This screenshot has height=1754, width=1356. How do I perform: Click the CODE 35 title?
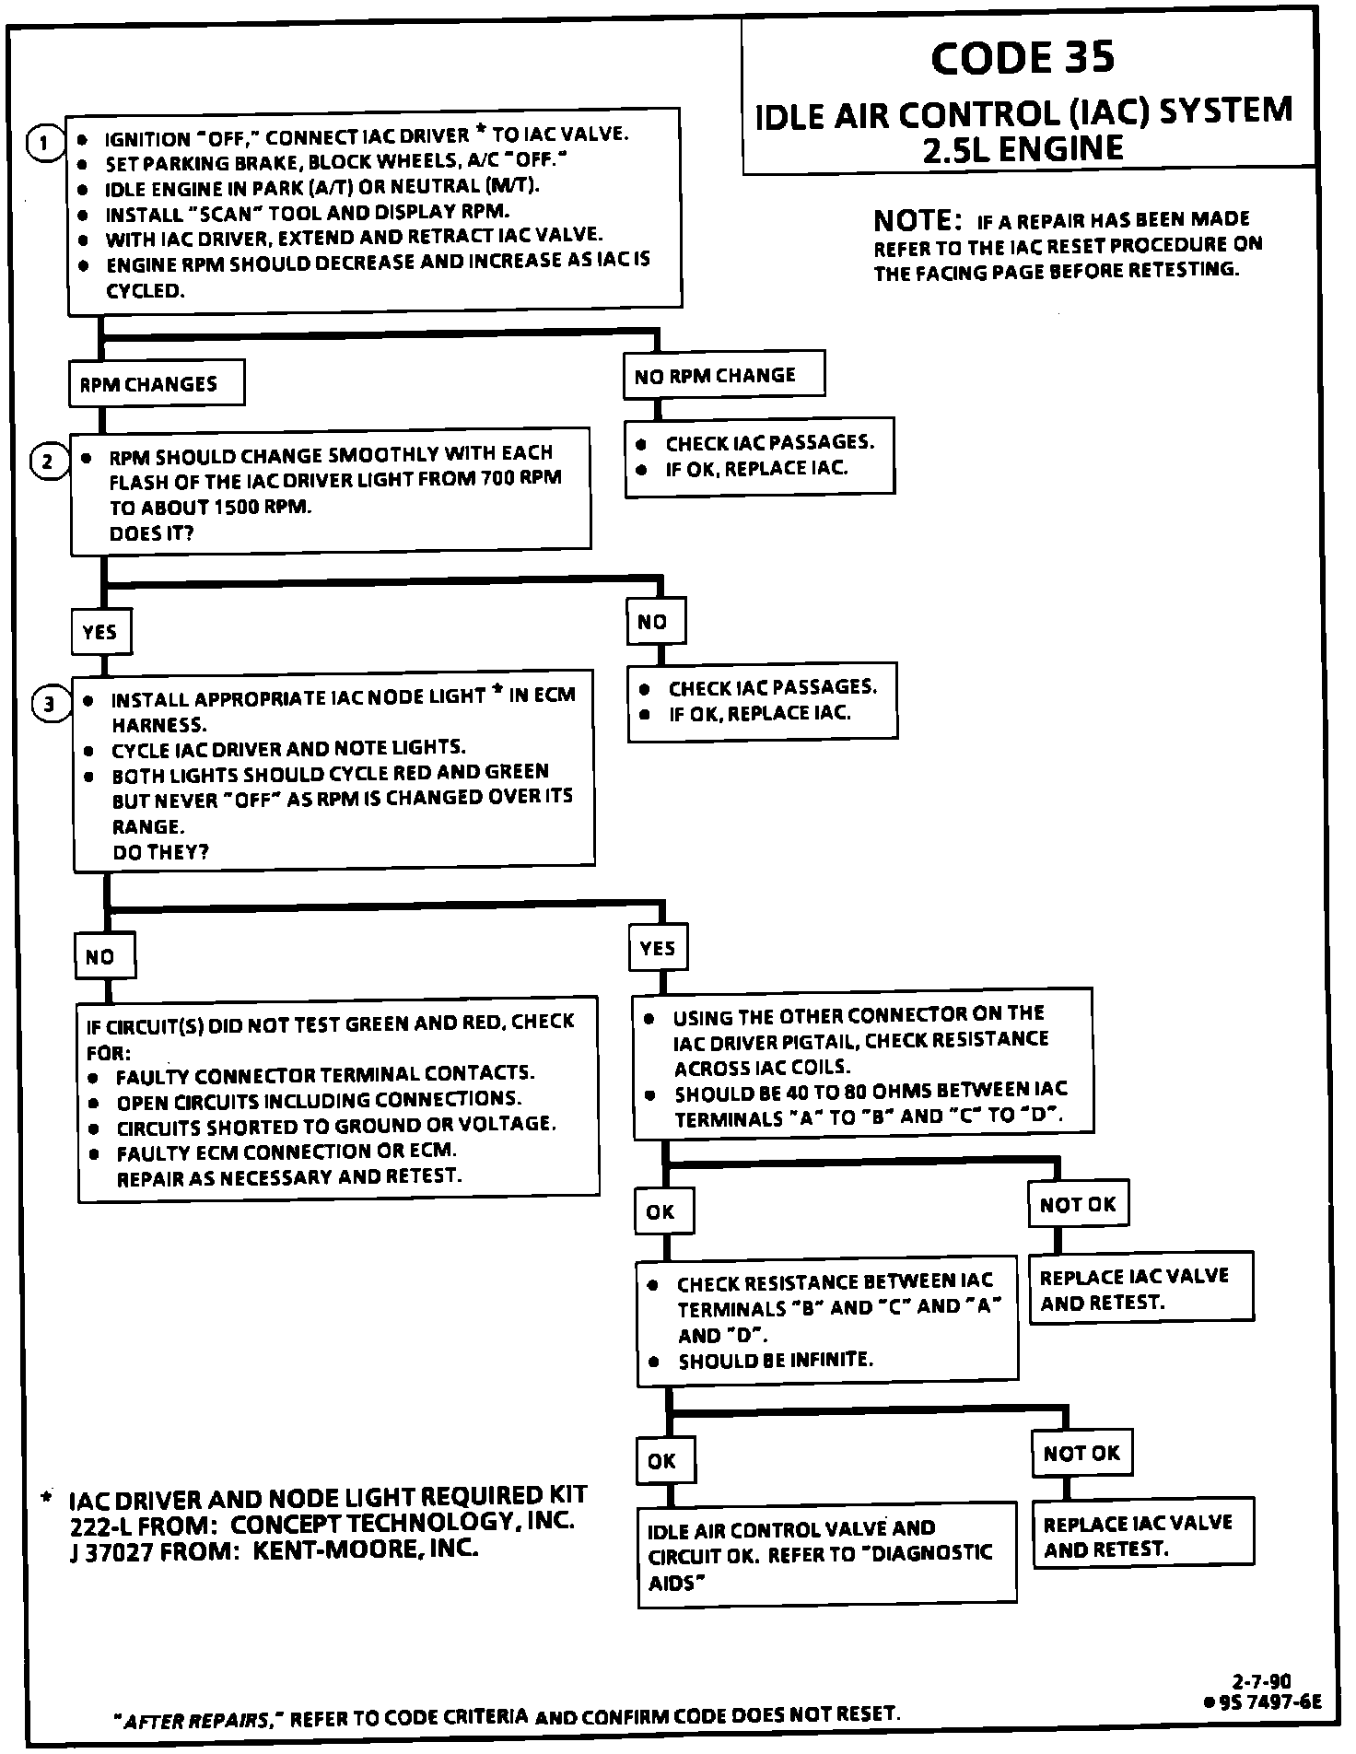click(x=1022, y=58)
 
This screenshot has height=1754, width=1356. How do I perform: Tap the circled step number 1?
click(x=43, y=143)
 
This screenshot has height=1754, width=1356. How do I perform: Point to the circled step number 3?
click(x=51, y=705)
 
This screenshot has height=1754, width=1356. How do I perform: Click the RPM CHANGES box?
click(x=156, y=383)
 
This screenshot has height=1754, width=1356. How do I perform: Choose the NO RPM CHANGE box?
click(x=722, y=375)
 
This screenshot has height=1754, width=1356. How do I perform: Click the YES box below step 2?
click(x=100, y=632)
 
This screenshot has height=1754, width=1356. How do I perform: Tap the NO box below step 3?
click(x=103, y=956)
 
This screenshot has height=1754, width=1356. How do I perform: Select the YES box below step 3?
click(x=658, y=947)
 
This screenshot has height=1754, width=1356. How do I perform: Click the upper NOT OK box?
click(x=1078, y=1204)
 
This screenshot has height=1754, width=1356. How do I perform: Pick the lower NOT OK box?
click(x=1081, y=1453)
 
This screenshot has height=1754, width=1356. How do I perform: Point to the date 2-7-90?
click(x=1262, y=1681)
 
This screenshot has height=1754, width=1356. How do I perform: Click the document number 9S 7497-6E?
click(x=1268, y=1701)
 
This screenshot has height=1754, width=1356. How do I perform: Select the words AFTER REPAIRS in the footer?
click(x=197, y=1720)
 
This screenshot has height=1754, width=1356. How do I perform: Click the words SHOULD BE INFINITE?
click(x=775, y=1360)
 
